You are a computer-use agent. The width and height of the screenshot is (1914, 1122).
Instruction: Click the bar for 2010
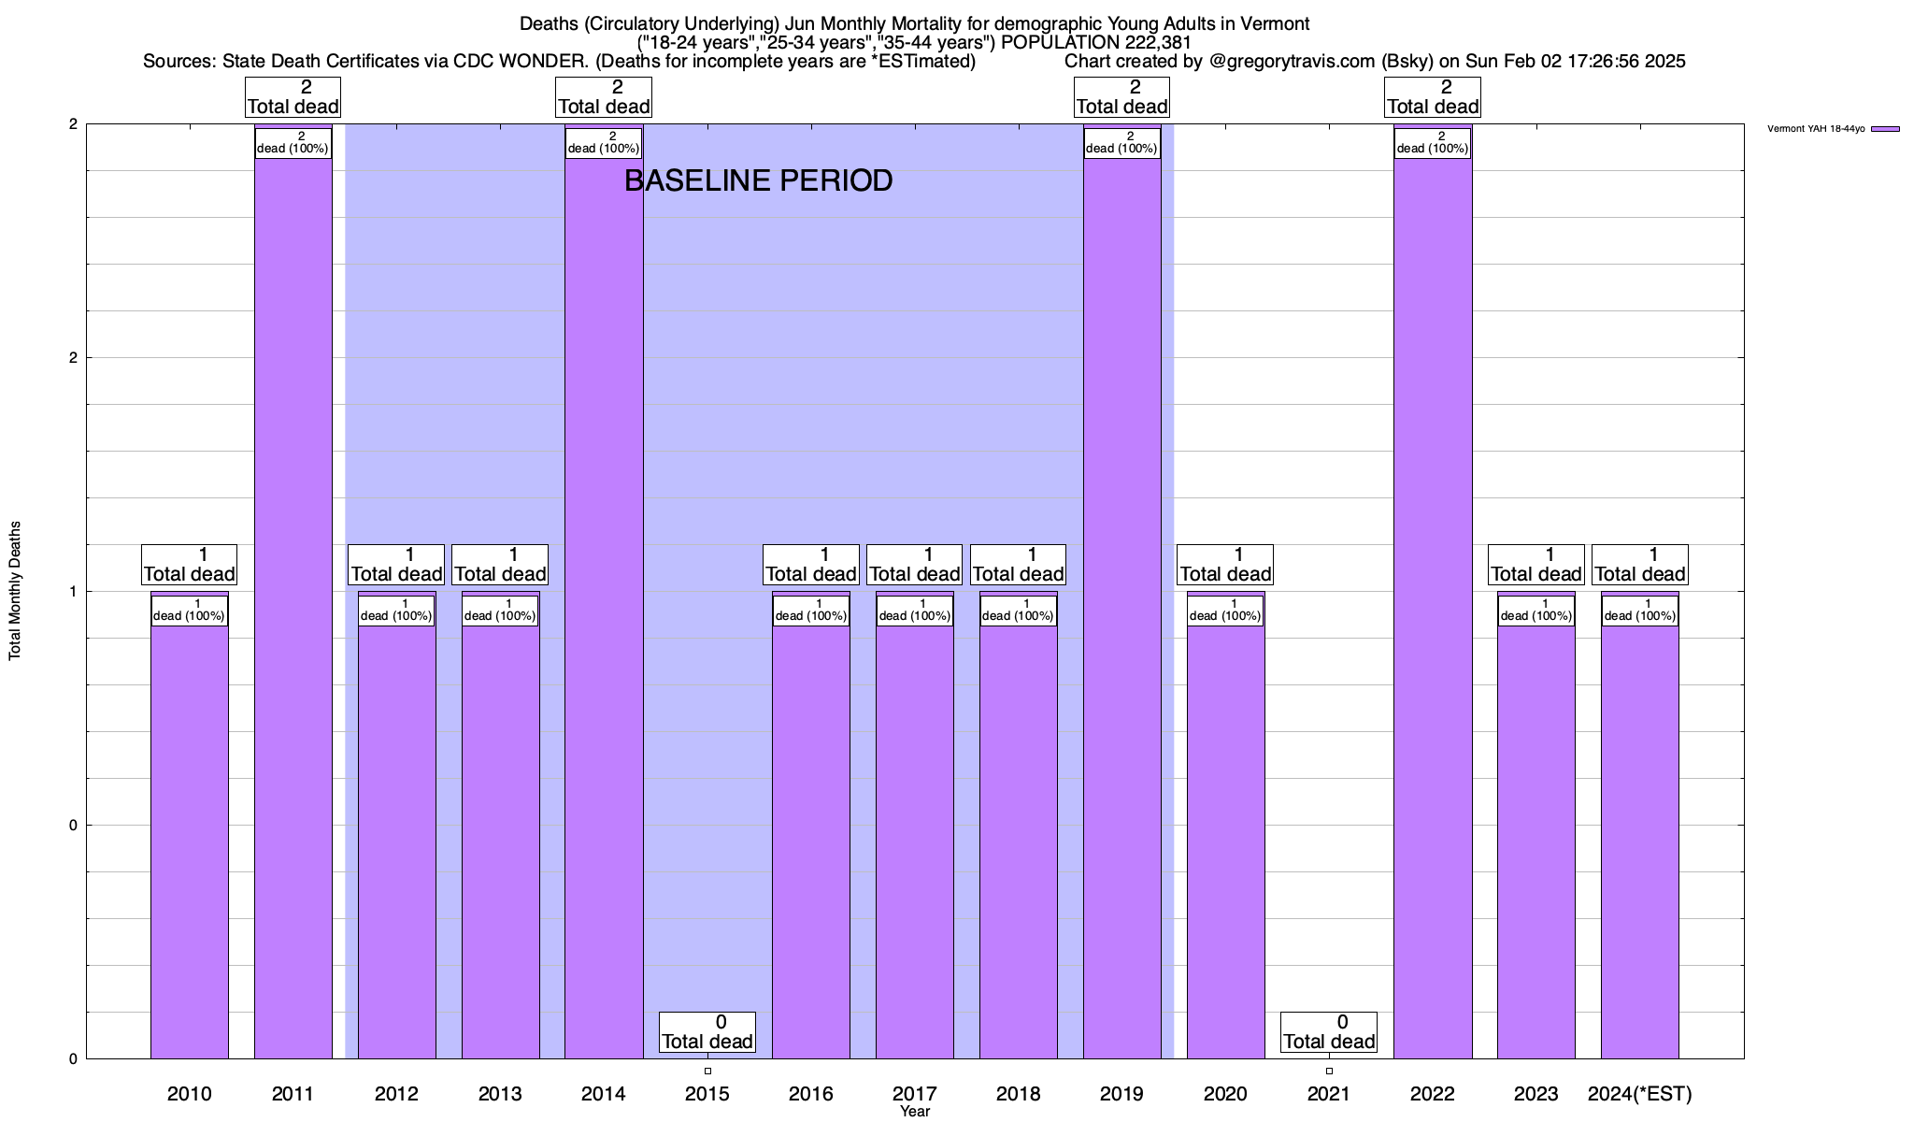pyautogui.click(x=189, y=841)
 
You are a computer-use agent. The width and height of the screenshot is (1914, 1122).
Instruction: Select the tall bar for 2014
pyautogui.click(x=604, y=608)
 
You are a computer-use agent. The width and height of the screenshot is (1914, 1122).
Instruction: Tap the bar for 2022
pyautogui.click(x=1433, y=608)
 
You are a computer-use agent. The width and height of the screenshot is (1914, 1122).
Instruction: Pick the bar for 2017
pyautogui.click(x=915, y=841)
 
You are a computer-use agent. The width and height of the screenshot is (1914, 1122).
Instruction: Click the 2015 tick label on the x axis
pyautogui.click(x=707, y=1093)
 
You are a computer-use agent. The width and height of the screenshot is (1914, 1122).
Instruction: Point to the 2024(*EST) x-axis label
pyautogui.click(x=1640, y=1093)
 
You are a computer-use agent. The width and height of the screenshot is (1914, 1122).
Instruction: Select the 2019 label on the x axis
pyautogui.click(x=1121, y=1093)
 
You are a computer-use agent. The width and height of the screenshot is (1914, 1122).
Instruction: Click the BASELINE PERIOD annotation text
pyautogui.click(x=758, y=180)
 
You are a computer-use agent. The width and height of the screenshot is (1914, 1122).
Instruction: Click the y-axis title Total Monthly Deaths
pyautogui.click(x=15, y=591)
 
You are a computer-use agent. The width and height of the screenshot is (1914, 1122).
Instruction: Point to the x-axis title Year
pyautogui.click(x=915, y=1111)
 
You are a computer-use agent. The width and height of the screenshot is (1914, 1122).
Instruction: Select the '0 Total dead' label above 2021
pyautogui.click(x=1329, y=1032)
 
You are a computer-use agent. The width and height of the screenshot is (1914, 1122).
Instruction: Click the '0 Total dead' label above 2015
pyautogui.click(x=707, y=1032)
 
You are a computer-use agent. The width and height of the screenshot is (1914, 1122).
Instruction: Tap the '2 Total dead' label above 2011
pyautogui.click(x=293, y=97)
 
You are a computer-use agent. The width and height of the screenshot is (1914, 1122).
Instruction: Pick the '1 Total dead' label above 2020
pyautogui.click(x=1225, y=565)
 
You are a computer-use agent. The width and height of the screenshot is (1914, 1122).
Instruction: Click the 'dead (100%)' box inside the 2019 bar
pyautogui.click(x=1121, y=143)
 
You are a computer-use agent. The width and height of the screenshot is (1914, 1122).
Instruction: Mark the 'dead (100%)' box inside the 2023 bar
pyautogui.click(x=1536, y=611)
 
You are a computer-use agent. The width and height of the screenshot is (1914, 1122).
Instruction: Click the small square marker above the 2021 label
pyautogui.click(x=1329, y=1071)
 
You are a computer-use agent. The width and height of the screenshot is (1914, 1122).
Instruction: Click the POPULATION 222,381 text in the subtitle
pyautogui.click(x=1096, y=42)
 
